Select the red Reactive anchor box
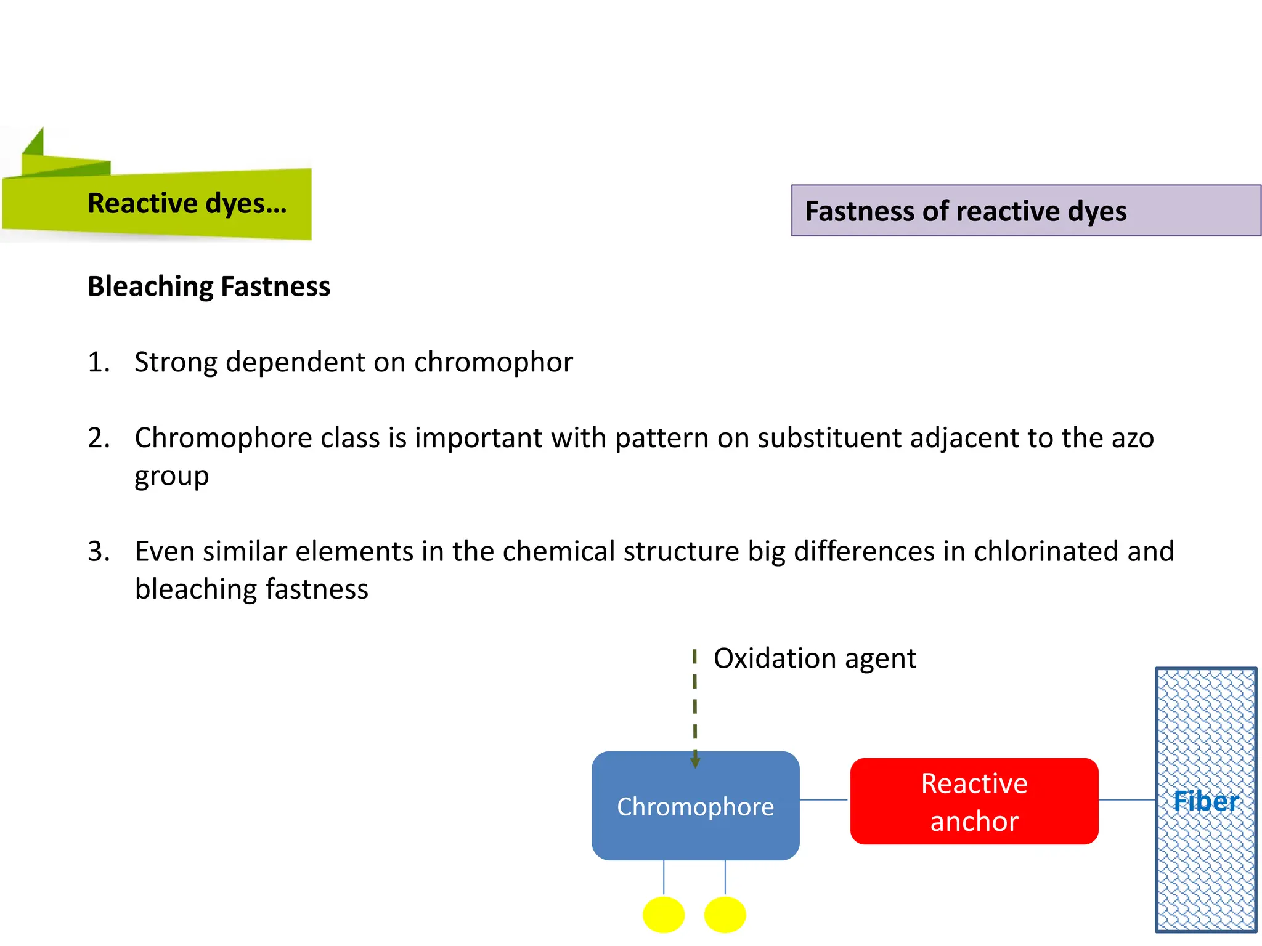click(974, 801)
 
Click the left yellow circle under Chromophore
click(664, 915)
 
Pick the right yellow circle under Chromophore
click(725, 915)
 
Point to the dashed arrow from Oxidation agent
click(695, 708)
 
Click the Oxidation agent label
click(815, 658)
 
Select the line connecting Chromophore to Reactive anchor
click(824, 800)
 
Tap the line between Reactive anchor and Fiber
click(1126, 800)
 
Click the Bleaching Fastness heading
click(209, 286)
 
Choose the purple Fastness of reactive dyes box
click(1025, 211)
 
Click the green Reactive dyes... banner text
click(187, 203)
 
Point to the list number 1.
click(99, 362)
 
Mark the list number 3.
click(99, 551)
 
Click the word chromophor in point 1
click(493, 362)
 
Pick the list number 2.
click(99, 438)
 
